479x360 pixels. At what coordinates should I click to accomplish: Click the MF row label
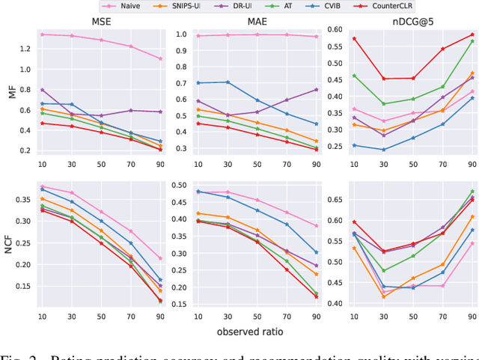[x=10, y=93]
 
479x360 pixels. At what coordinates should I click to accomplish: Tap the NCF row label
[x=10, y=244]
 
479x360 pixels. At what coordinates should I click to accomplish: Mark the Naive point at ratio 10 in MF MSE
[x=43, y=34]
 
